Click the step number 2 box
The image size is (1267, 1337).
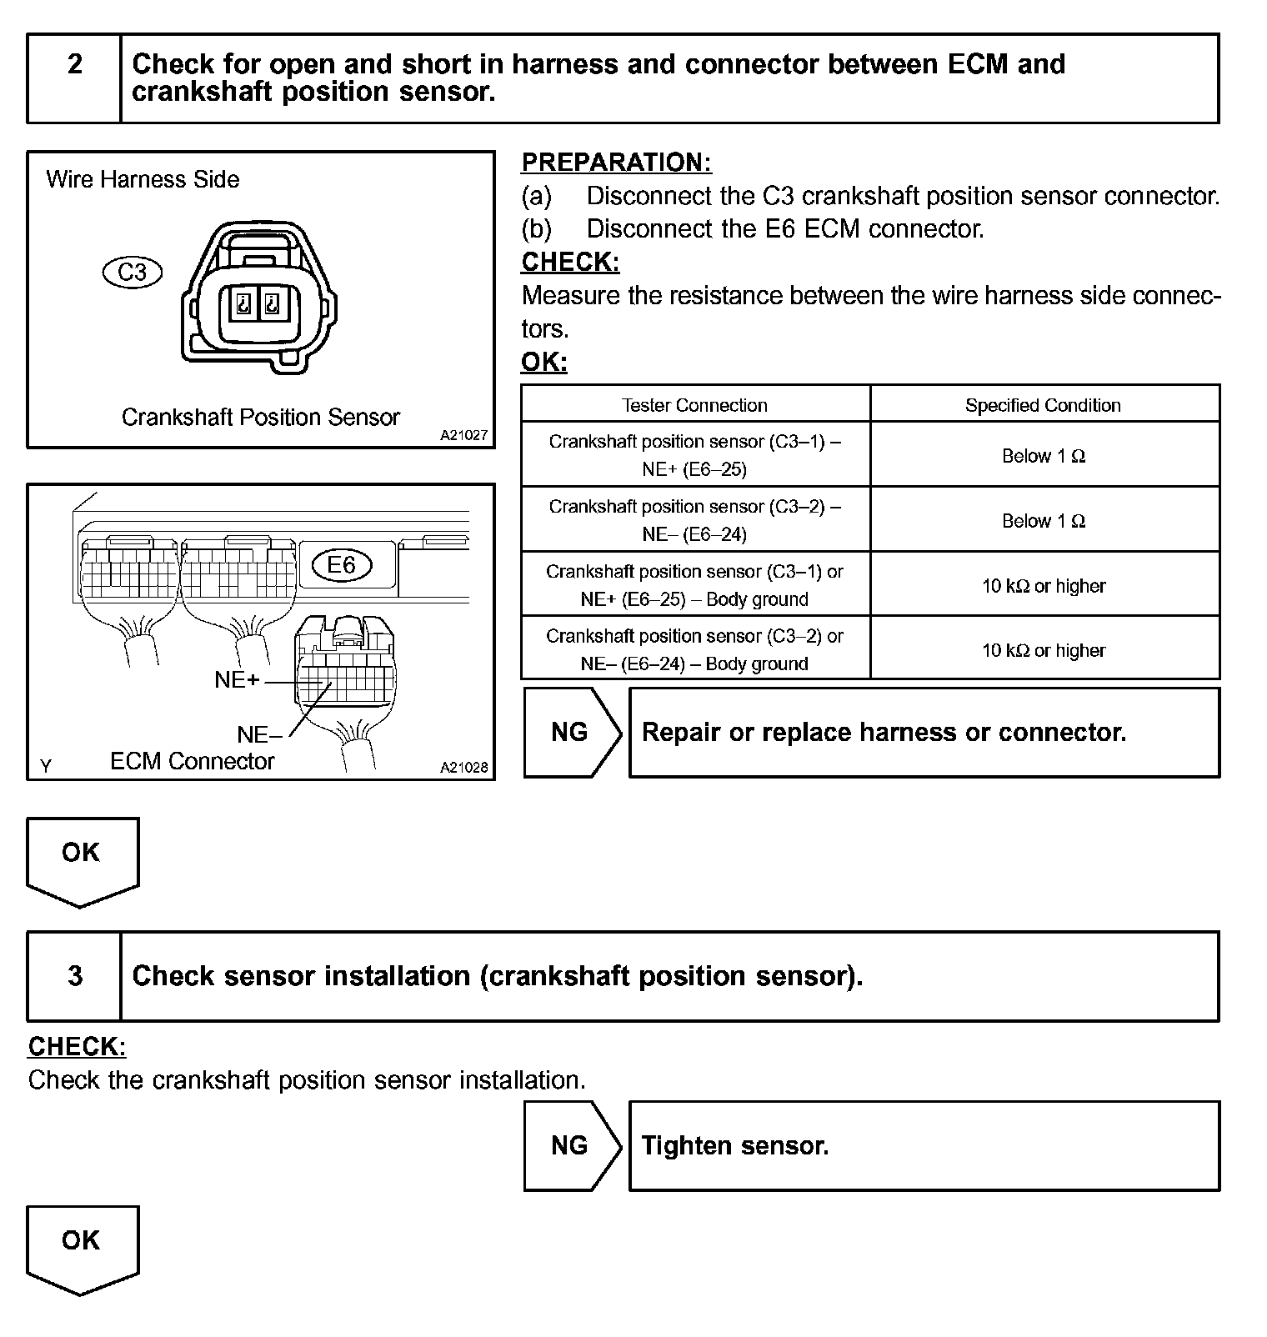tap(74, 78)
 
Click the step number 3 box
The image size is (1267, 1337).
tap(74, 976)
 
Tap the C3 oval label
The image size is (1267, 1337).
tap(132, 273)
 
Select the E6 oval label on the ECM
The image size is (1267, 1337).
tap(342, 565)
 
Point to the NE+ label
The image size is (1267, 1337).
tap(237, 680)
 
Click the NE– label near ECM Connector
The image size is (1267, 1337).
tap(259, 734)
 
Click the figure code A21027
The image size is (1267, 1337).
tap(463, 435)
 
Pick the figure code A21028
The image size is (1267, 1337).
tap(463, 768)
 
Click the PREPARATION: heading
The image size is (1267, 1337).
tap(616, 163)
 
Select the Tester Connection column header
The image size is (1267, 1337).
tap(694, 405)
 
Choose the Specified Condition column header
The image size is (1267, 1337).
tap(1043, 405)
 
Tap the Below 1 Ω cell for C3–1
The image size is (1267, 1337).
tap(1043, 456)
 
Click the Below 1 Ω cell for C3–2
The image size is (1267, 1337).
tap(1043, 521)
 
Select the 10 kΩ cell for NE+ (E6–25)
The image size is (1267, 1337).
tap(1043, 586)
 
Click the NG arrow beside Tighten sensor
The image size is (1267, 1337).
tap(570, 1145)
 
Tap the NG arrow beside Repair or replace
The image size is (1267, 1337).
tap(570, 732)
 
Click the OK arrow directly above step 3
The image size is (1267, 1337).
tap(81, 859)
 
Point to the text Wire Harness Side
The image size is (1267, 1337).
tap(143, 179)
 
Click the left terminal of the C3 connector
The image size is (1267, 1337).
tap(244, 304)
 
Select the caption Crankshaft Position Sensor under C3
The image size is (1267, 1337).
tap(260, 417)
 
